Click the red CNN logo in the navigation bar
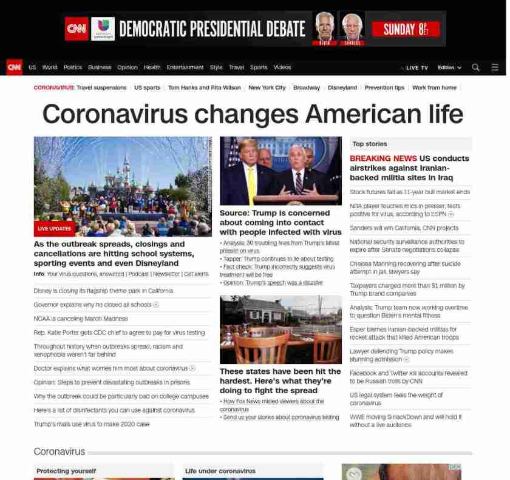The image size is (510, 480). point(14,67)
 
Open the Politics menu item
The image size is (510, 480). point(72,67)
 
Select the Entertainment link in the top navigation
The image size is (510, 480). point(185,67)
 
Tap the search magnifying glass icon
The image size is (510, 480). point(475,67)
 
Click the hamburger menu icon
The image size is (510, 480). point(495,67)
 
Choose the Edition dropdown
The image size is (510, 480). point(449,67)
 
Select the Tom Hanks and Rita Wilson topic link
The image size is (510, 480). point(204,87)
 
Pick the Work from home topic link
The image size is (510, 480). point(434,87)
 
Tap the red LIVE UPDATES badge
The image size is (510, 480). point(54,229)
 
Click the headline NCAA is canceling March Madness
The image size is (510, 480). point(81,319)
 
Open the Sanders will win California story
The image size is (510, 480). point(404,228)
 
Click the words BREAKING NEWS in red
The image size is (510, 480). point(383,158)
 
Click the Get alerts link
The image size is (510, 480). point(196,274)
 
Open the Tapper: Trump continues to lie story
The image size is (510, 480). point(278,259)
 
